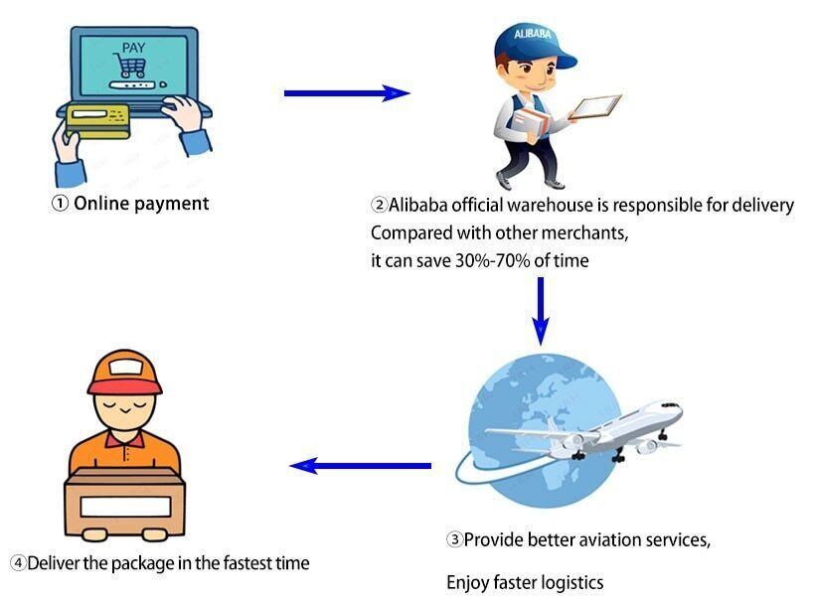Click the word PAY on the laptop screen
click(x=132, y=48)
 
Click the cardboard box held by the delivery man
click(x=125, y=502)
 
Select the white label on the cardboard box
click(x=125, y=505)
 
